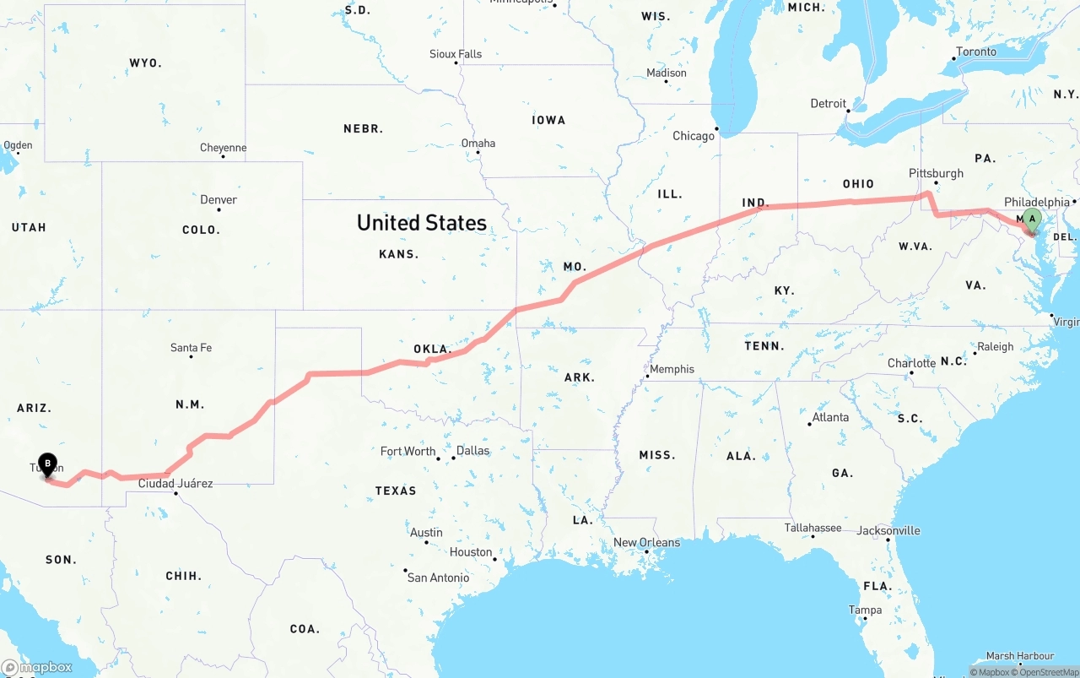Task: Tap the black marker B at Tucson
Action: click(49, 464)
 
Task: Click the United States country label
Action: click(421, 223)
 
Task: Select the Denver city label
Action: click(219, 200)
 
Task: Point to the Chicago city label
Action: click(694, 136)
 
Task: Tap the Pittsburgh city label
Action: click(936, 173)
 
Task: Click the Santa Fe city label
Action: click(191, 347)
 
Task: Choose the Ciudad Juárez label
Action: click(175, 484)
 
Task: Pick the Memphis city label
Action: click(672, 369)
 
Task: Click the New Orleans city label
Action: click(646, 542)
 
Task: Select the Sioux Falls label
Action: click(456, 54)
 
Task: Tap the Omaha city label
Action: click(478, 143)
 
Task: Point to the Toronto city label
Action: click(976, 52)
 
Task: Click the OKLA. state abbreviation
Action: click(433, 349)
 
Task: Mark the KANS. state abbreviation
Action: click(399, 253)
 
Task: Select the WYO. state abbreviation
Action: click(145, 63)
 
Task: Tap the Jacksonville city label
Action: click(888, 530)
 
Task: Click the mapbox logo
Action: click(37, 667)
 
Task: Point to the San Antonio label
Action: click(438, 578)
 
